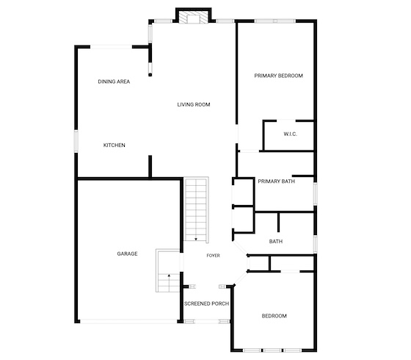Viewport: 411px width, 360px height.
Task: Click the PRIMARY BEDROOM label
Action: tap(278, 76)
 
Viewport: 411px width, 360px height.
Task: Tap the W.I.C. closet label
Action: tap(290, 134)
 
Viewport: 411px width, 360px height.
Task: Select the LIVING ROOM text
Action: tap(194, 104)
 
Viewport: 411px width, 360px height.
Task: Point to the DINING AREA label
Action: tap(114, 82)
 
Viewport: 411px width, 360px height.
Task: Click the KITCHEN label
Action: tap(114, 145)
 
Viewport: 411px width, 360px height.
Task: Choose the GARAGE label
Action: tap(127, 253)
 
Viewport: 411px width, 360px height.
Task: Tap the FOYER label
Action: tap(213, 256)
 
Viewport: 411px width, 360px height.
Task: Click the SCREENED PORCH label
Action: tap(206, 303)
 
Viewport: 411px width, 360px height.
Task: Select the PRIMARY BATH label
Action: tap(276, 181)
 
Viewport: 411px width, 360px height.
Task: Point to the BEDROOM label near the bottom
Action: tap(274, 316)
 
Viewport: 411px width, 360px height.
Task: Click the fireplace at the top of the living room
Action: tap(194, 16)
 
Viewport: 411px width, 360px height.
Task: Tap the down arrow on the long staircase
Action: tap(196, 239)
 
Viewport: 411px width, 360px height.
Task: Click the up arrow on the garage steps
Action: tap(170, 276)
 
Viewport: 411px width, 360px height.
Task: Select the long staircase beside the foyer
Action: tap(196, 209)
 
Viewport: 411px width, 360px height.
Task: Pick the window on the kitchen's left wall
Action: tap(76, 141)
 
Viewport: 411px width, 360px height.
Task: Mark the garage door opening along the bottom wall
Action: tap(128, 321)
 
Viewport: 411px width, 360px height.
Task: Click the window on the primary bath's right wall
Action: tap(316, 193)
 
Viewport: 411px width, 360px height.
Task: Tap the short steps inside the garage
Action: tap(168, 270)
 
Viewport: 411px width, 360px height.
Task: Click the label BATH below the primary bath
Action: tap(276, 242)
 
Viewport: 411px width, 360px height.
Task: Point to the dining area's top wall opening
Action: tap(111, 47)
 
